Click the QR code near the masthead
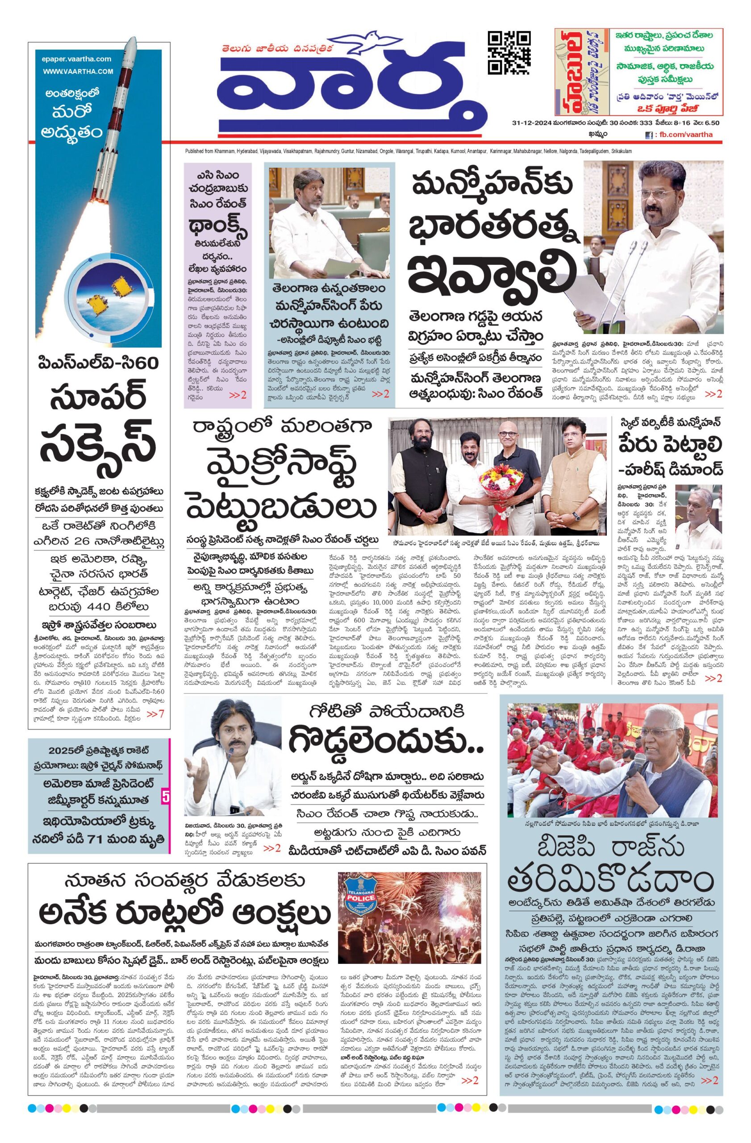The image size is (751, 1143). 509,52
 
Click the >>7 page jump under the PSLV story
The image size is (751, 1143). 155,714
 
